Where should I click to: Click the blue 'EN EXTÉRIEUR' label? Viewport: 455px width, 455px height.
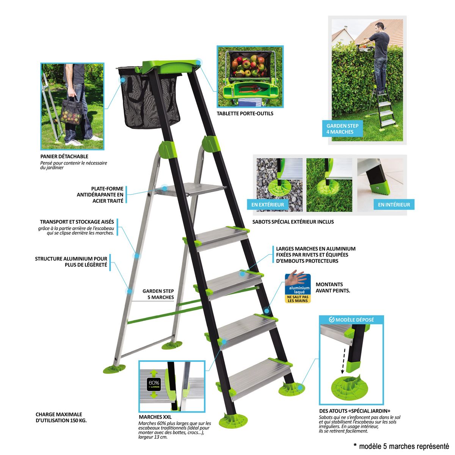coord(267,204)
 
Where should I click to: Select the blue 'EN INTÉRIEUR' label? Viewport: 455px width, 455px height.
coord(394,204)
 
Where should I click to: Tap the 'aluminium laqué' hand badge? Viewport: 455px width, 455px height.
coord(298,288)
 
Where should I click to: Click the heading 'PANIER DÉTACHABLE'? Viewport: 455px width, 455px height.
coord(64,156)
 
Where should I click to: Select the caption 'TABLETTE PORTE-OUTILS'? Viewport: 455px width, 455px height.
coord(245,113)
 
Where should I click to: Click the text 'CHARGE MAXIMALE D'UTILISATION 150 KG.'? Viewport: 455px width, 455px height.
coord(61,417)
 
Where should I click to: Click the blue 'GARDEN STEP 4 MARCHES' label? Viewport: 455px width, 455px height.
coord(342,129)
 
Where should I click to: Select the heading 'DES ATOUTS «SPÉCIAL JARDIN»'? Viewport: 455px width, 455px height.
coord(355,411)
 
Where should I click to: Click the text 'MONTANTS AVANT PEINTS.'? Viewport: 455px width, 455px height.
coord(333,287)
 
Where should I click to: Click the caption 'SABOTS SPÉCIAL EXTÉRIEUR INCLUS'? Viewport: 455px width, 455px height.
coord(293,222)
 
